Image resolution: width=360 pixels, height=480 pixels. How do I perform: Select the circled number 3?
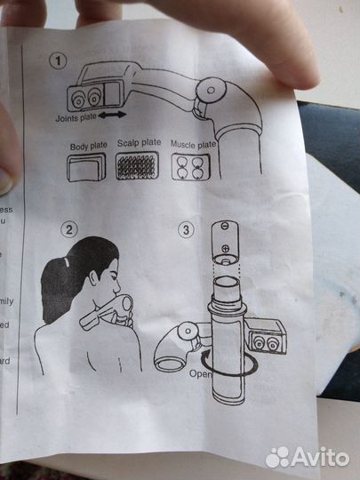pos(186,230)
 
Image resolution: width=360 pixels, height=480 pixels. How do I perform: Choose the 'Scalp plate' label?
pos(140,142)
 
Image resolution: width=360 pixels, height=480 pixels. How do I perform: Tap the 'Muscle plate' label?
pos(195,144)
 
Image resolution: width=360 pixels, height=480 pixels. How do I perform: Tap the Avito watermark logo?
pos(307,456)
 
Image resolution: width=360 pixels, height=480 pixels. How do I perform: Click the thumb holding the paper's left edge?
pos(10,151)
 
